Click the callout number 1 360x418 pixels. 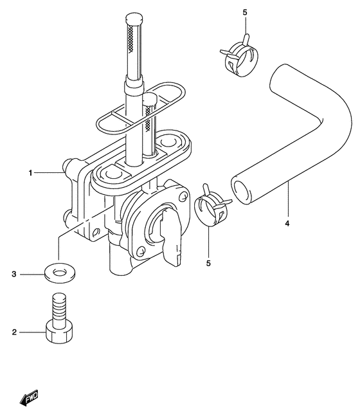click(30, 173)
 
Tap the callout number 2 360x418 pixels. click(14, 332)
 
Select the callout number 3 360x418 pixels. click(14, 274)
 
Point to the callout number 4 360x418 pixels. click(287, 223)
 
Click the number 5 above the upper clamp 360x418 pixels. click(245, 12)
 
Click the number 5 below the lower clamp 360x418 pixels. click(208, 263)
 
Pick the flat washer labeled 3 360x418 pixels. click(60, 273)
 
